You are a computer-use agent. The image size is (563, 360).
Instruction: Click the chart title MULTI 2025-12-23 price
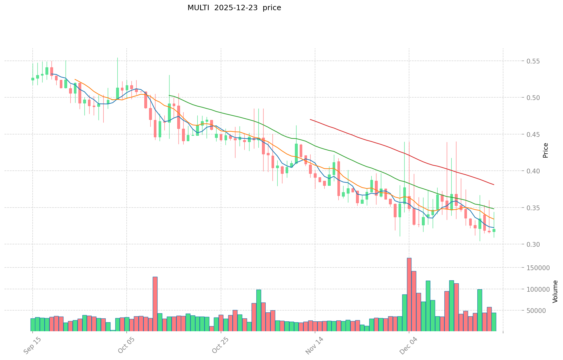(234, 8)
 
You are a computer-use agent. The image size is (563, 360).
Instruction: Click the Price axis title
(545, 150)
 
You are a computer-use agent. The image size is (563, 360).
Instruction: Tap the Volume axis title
(555, 291)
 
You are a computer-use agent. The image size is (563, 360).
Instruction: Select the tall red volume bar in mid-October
(155, 304)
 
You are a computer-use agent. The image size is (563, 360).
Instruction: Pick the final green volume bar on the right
(494, 322)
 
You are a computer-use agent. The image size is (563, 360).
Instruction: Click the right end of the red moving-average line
(494, 184)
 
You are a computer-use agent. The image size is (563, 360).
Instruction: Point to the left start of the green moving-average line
(169, 96)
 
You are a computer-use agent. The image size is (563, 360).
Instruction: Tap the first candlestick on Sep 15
(33, 79)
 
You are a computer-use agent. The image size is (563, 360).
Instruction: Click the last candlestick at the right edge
(494, 230)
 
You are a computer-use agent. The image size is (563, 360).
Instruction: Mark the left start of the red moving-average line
(310, 120)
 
